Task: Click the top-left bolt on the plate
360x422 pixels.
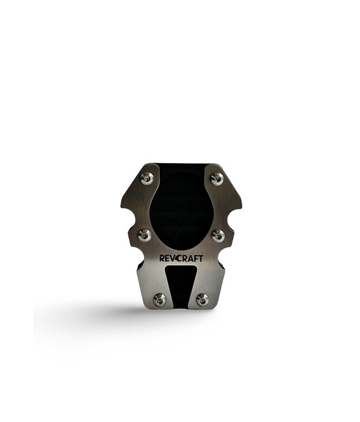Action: [146, 178]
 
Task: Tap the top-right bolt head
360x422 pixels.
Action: [217, 178]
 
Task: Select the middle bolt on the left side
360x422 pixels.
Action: [145, 235]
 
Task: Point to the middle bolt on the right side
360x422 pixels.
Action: [218, 235]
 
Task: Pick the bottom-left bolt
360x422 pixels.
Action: [160, 299]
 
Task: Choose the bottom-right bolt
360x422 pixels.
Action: [203, 299]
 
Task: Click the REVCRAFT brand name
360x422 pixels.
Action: [181, 258]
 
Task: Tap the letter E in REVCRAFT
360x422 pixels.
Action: [169, 258]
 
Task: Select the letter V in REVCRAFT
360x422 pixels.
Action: [175, 258]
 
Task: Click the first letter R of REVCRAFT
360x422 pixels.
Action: [162, 258]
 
